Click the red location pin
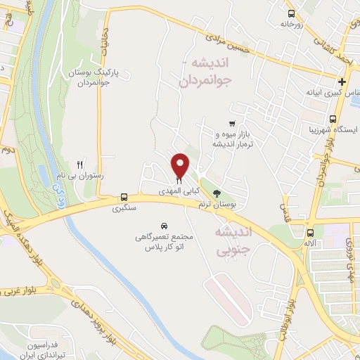click(180, 165)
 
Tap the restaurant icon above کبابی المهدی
click(179, 181)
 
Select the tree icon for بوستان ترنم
click(217, 193)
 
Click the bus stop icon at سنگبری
click(123, 198)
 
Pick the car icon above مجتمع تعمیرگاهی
click(164, 226)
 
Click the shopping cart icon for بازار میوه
click(231, 123)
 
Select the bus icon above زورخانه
click(292, 13)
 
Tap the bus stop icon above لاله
click(310, 232)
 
